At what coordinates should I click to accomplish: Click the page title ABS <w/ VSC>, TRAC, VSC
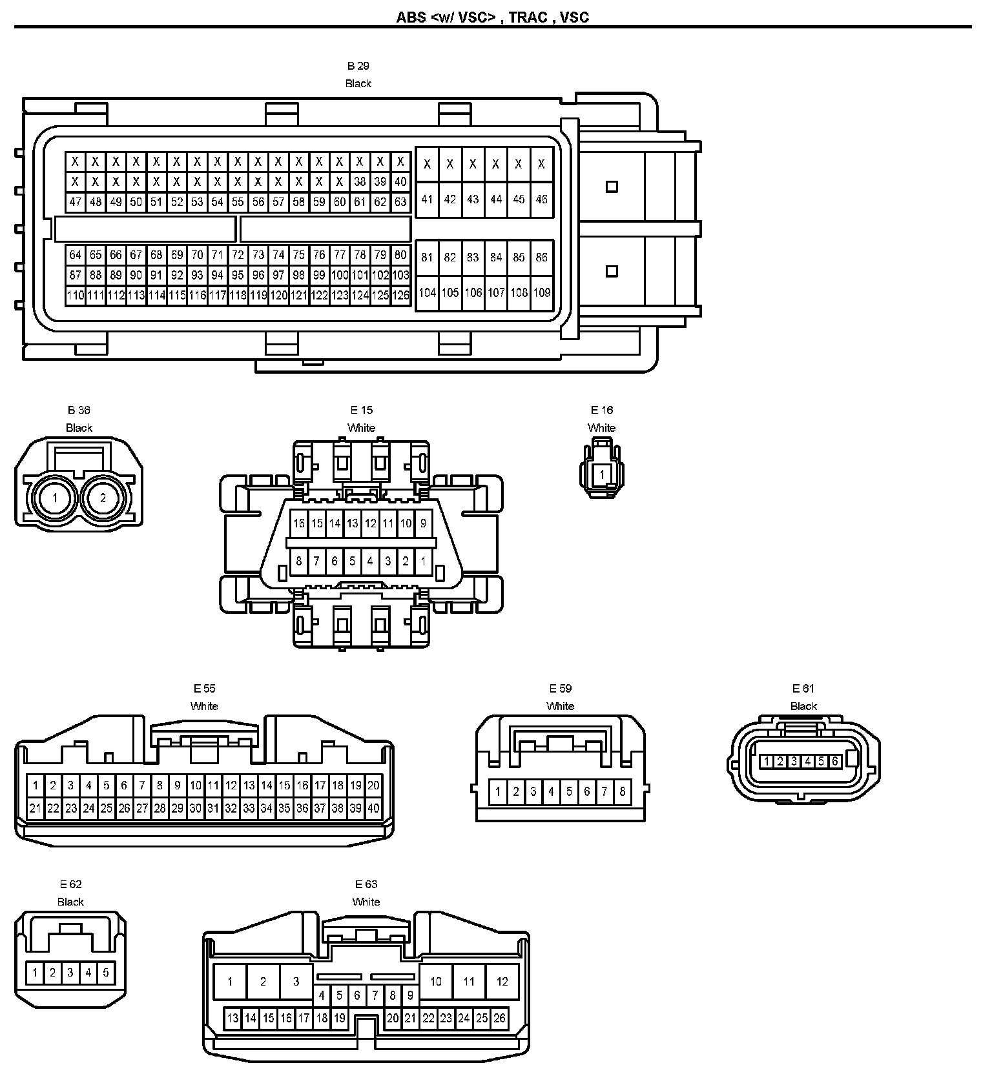pyautogui.click(x=493, y=17)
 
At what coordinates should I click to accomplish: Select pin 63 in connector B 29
pyautogui.click(x=400, y=202)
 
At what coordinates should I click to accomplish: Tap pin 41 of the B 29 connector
pyautogui.click(x=427, y=199)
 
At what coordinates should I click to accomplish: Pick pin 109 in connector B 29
pyautogui.click(x=541, y=292)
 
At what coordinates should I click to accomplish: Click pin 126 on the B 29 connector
pyautogui.click(x=400, y=296)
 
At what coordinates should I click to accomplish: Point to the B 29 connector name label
pyautogui.click(x=358, y=66)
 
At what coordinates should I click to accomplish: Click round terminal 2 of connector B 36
pyautogui.click(x=103, y=498)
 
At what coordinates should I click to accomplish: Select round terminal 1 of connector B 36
pyautogui.click(x=55, y=498)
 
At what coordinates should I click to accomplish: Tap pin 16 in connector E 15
pyautogui.click(x=298, y=523)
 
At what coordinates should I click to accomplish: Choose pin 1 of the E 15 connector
pyautogui.click(x=423, y=562)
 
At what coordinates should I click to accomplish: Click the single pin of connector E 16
pyautogui.click(x=602, y=474)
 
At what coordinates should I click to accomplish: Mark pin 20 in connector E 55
pyautogui.click(x=373, y=785)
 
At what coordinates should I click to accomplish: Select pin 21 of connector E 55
pyautogui.click(x=35, y=808)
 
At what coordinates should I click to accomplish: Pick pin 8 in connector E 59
pyautogui.click(x=622, y=791)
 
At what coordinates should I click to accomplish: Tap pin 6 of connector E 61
pyautogui.click(x=834, y=762)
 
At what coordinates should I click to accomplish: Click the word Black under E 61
pyautogui.click(x=804, y=706)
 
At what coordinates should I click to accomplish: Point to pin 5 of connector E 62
pyautogui.click(x=106, y=972)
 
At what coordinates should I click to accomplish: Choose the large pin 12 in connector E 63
pyautogui.click(x=502, y=982)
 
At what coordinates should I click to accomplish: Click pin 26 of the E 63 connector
pyautogui.click(x=499, y=1018)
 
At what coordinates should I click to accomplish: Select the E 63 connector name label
pyautogui.click(x=366, y=884)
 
